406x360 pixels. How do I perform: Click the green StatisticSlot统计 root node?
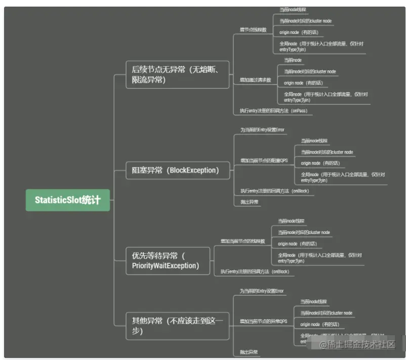[67, 200]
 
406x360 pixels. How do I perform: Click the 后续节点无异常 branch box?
[177, 74]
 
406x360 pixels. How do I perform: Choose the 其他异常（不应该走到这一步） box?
[177, 326]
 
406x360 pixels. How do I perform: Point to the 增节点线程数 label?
[253, 30]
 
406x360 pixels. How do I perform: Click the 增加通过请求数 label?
[255, 80]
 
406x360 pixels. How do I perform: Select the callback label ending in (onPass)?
[273, 111]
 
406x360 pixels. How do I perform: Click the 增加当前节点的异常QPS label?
[263, 322]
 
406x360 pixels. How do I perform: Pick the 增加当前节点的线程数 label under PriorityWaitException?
[242, 241]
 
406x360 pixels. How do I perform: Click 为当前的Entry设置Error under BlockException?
[262, 130]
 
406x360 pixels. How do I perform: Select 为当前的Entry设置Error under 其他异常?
[262, 291]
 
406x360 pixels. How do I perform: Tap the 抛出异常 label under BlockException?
[249, 202]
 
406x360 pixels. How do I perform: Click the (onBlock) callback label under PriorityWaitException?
[255, 272]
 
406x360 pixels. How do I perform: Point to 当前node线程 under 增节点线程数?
[293, 10]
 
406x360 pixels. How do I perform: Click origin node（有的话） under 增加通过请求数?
[303, 83]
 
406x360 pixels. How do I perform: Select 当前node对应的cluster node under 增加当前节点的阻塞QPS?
[327, 152]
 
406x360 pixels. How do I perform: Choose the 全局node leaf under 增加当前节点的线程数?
[319, 258]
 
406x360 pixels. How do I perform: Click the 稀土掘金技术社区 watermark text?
[360, 345]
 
